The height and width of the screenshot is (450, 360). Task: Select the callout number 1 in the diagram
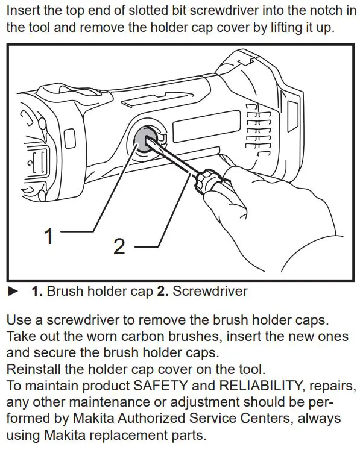(x=49, y=236)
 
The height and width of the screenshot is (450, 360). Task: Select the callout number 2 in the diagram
(x=119, y=246)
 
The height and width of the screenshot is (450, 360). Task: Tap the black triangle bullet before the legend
(x=13, y=292)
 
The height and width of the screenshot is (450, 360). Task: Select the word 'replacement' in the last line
(x=136, y=434)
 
